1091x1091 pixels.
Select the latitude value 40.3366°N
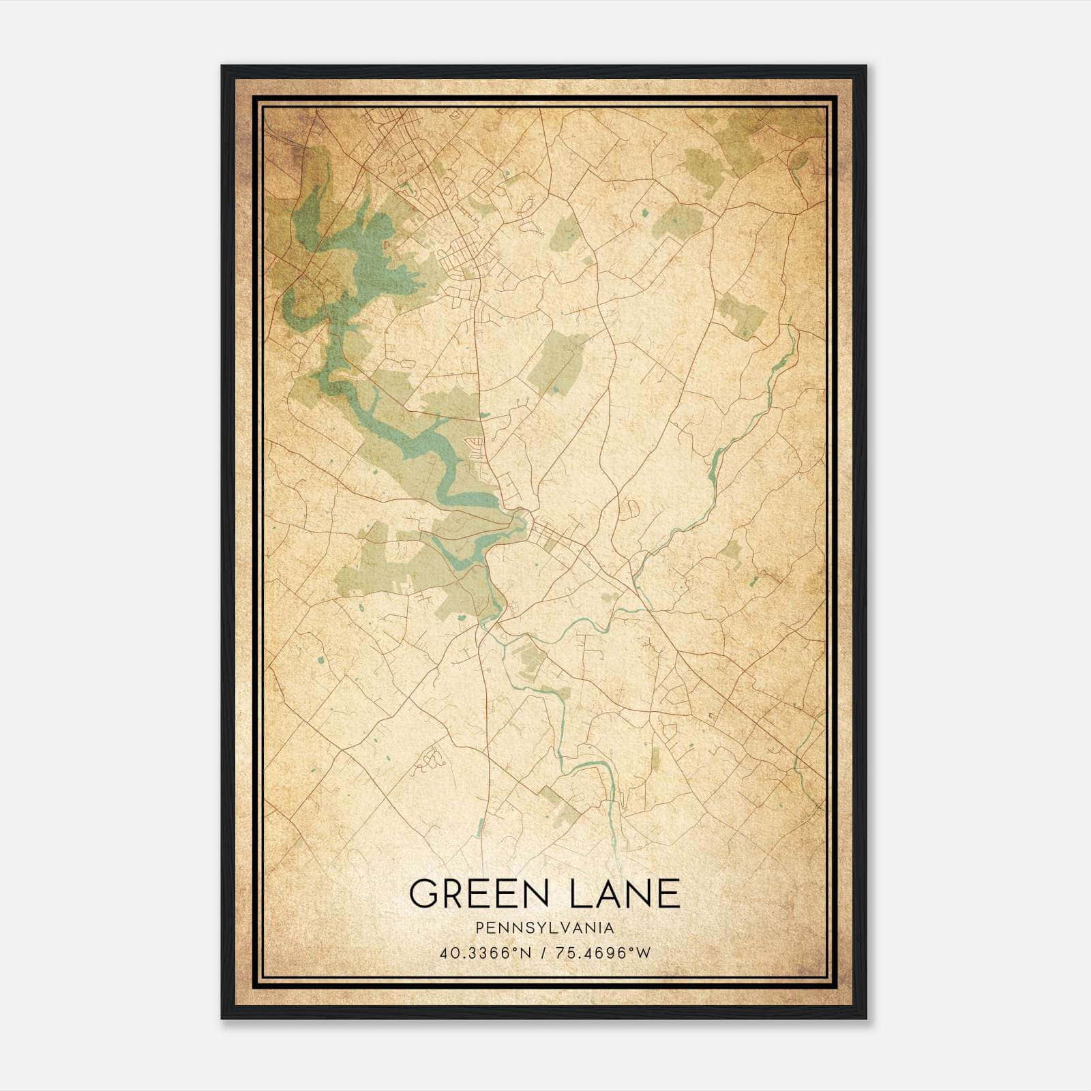485,953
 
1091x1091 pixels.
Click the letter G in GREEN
423,893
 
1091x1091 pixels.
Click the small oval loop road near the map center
631,509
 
